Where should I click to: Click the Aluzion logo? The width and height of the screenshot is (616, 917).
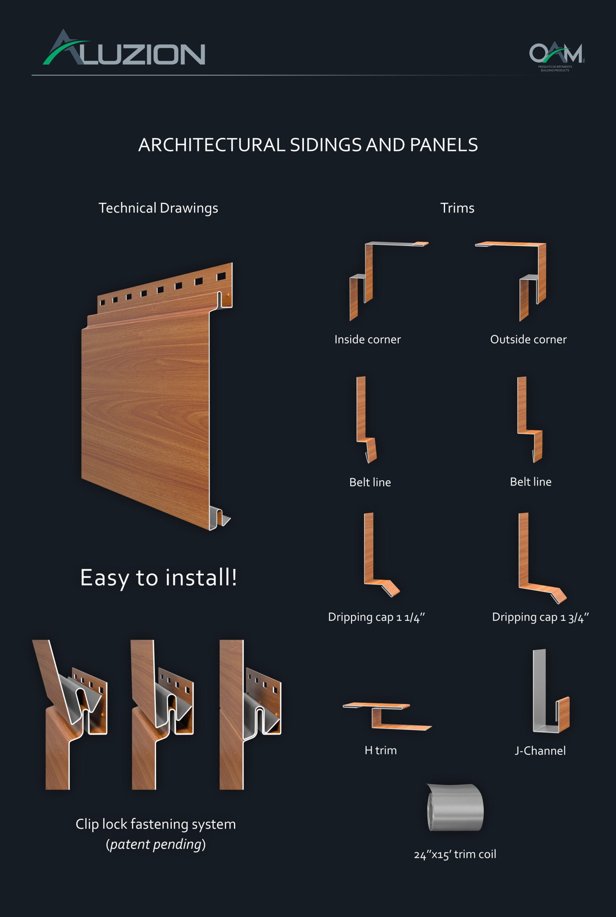point(124,48)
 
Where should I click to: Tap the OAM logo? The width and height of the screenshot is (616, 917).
point(557,56)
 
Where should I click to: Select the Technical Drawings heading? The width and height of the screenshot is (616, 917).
point(158,208)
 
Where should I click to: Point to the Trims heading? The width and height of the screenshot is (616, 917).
point(457,208)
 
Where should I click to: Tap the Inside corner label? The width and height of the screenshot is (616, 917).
point(368,340)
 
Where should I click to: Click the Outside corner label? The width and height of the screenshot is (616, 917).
point(528,340)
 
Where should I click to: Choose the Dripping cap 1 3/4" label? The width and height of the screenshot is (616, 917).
point(540,618)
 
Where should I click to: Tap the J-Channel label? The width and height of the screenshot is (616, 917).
point(540,751)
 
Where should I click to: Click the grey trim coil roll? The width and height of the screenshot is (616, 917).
point(455,808)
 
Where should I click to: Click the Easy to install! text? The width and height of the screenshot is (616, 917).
point(159,578)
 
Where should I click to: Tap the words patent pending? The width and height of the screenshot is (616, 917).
point(156,844)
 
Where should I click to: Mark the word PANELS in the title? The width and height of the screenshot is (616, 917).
point(444,145)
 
